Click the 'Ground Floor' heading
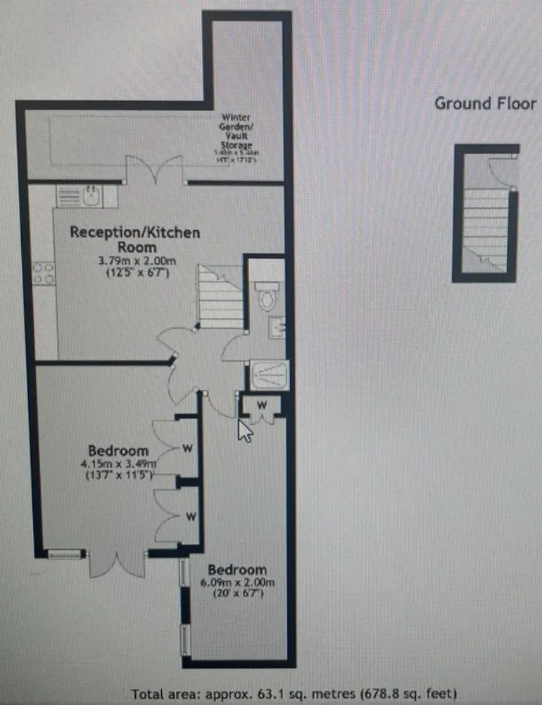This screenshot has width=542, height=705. [485, 103]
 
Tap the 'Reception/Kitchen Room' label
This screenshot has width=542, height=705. [135, 240]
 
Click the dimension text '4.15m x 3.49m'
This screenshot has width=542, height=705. [118, 464]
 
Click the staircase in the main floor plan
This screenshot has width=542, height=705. [220, 296]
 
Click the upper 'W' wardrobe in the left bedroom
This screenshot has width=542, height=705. [188, 447]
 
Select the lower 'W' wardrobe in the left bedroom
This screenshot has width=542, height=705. [189, 516]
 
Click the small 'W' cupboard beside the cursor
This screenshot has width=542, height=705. [261, 406]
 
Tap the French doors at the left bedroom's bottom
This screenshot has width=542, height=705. [117, 562]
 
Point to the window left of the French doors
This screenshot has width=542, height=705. [66, 554]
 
